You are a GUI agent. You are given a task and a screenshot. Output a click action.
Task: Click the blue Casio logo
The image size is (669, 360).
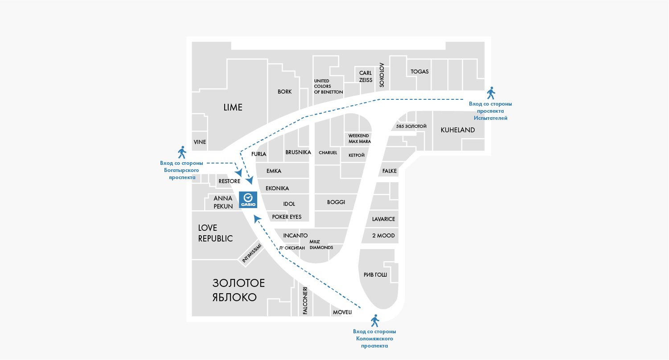pos(248,200)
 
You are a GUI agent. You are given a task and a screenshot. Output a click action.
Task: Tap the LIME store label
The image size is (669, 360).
pos(233,107)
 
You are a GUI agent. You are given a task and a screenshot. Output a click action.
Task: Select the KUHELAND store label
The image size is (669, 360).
pos(458,130)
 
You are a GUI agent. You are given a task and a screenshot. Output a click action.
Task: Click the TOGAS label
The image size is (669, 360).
pos(419,72)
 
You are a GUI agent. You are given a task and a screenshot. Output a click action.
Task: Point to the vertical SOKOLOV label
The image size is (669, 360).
pos(382,75)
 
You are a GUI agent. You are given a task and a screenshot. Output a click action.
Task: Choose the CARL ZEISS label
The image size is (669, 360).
pos(365,77)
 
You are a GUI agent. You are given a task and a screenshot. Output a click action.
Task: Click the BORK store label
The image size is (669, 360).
pos(284,92)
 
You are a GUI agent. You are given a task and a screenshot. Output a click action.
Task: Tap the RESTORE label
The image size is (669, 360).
pos(230,181)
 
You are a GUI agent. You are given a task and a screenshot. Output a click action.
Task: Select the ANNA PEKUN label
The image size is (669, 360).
pos(223,202)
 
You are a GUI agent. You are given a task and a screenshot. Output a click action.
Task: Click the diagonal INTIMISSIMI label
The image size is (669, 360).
pos(251,253)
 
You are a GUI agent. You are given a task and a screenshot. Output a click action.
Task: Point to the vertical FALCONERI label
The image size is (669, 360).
pos(305,301)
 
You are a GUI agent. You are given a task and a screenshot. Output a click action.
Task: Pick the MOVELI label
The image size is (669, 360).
pos(342,312)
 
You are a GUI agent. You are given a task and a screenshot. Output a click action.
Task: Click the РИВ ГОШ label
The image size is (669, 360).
pos(375,274)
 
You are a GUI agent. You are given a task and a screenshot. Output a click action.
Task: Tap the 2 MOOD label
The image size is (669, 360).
pos(383,236)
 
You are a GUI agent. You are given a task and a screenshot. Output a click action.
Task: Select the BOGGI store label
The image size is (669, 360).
pos(336,202)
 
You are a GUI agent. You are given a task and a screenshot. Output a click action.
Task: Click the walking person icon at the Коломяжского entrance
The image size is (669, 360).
pos(375,321)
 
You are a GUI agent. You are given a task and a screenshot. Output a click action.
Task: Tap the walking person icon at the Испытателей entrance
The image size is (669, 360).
pos(491,93)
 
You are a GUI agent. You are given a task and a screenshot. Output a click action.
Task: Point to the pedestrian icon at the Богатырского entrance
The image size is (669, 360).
pos(182,152)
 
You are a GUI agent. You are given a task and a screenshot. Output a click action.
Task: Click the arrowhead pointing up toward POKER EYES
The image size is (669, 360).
pos(257,219)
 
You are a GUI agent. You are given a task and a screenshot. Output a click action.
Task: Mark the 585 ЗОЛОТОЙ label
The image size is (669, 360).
pos(411,126)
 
